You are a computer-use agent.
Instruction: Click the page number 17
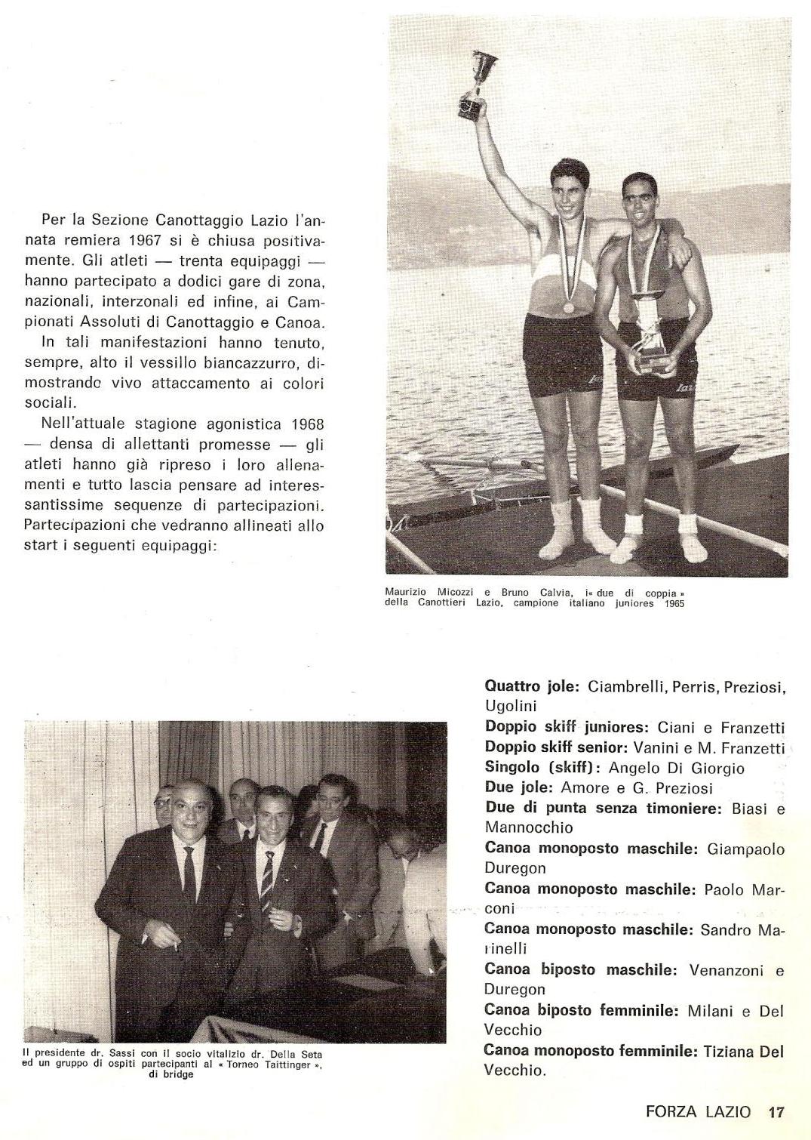point(776,1112)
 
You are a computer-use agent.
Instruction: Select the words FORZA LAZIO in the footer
point(698,1112)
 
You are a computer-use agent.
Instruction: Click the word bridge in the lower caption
point(178,1075)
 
